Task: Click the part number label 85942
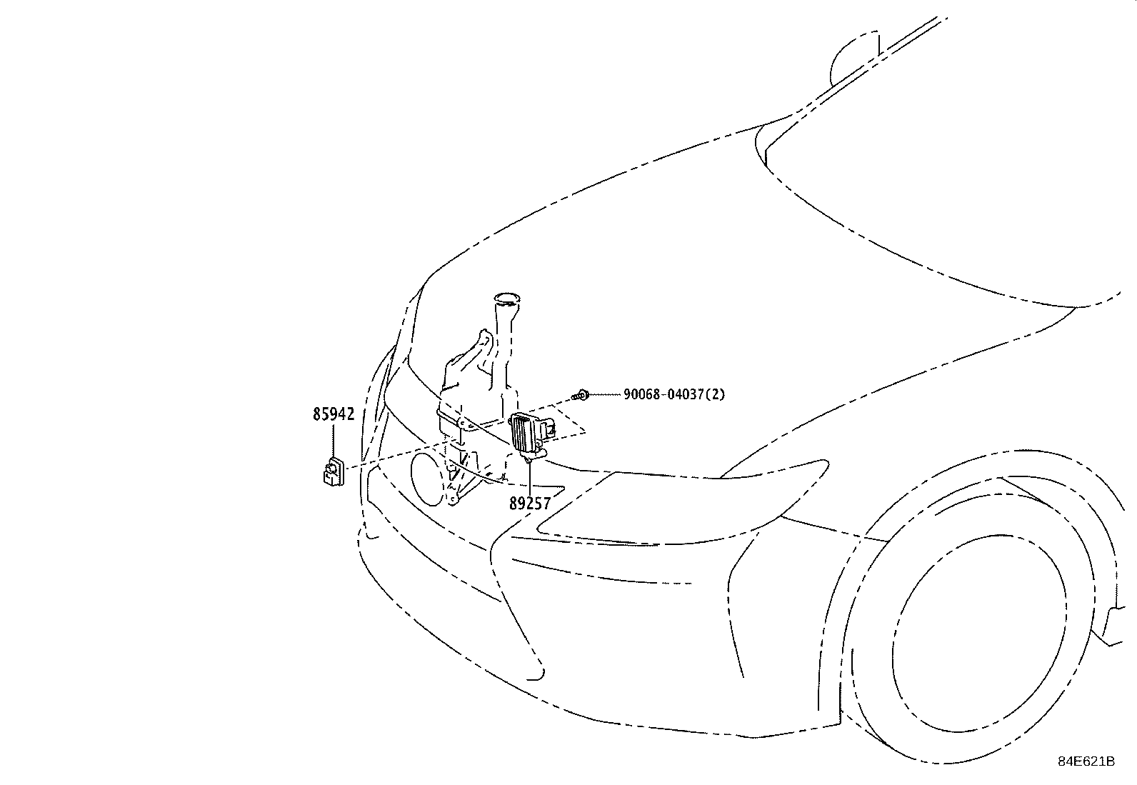[x=334, y=414]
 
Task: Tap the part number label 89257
[x=530, y=504]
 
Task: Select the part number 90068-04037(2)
[x=673, y=394]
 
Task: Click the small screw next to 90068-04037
[x=583, y=394]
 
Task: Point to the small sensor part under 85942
[x=332, y=472]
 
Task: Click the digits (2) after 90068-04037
[x=716, y=394]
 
